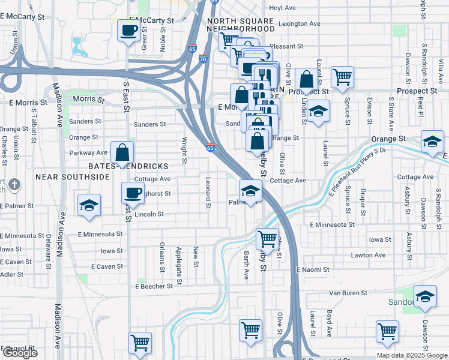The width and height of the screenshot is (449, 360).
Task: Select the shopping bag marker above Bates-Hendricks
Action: pyautogui.click(x=122, y=153)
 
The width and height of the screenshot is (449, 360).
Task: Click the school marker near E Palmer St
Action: pyautogui.click(x=89, y=205)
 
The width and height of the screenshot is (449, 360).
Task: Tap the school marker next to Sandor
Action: pyautogui.click(x=425, y=297)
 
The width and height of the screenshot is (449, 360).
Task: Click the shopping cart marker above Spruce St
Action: pyautogui.click(x=342, y=76)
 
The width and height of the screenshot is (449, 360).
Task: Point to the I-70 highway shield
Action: pyautogui.click(x=203, y=59)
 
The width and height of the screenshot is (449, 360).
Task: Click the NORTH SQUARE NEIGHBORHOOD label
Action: pyautogui.click(x=241, y=25)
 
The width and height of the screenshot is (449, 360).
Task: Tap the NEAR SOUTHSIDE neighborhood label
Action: pyautogui.click(x=72, y=177)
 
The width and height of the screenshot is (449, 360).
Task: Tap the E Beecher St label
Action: pyautogui.click(x=154, y=287)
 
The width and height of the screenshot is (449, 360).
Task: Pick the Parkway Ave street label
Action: pyautogui.click(x=88, y=153)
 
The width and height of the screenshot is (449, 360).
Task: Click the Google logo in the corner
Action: pyautogui.click(x=20, y=353)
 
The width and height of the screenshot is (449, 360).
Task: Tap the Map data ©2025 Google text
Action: pyautogui.click(x=411, y=355)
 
